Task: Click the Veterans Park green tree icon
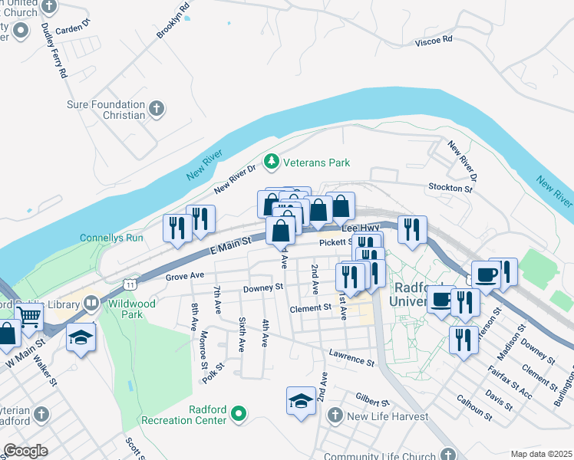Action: (x=270, y=162)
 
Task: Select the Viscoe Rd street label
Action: (x=434, y=40)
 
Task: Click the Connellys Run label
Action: (x=111, y=238)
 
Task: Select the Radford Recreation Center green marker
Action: (x=239, y=415)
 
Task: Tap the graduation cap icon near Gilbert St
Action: (x=301, y=400)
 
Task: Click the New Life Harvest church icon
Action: (x=334, y=416)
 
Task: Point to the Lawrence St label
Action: (x=351, y=356)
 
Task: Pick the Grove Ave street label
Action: (x=185, y=275)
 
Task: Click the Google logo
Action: (x=25, y=451)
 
